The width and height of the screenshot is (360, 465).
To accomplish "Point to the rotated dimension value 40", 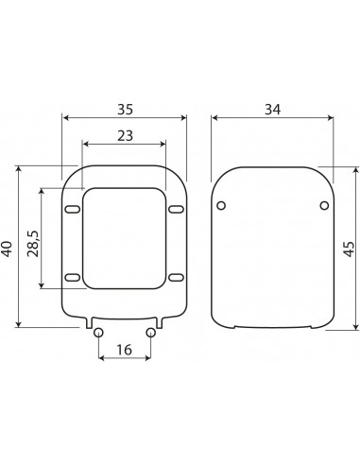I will [x=9, y=248].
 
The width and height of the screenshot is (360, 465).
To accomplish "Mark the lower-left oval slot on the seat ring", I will [x=72, y=277].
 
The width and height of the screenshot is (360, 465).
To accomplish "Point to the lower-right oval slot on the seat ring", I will [x=177, y=277].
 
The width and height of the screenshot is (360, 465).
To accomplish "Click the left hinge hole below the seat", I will [x=99, y=332].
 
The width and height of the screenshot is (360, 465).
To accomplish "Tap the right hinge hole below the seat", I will [x=151, y=332].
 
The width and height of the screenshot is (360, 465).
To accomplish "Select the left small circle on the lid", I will [x=221, y=205].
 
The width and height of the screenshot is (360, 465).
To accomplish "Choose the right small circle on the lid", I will [x=323, y=205].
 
